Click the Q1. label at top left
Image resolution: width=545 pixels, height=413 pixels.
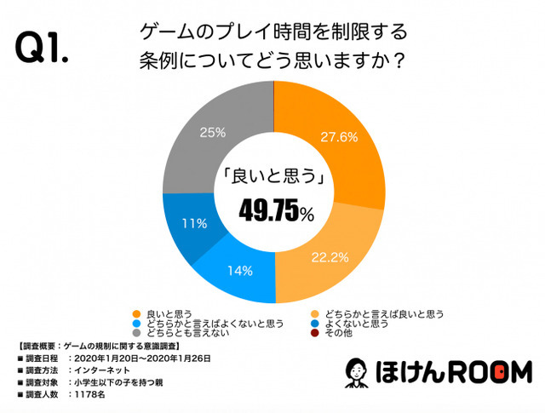(43, 49)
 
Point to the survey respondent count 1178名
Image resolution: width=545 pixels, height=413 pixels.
(93, 394)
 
